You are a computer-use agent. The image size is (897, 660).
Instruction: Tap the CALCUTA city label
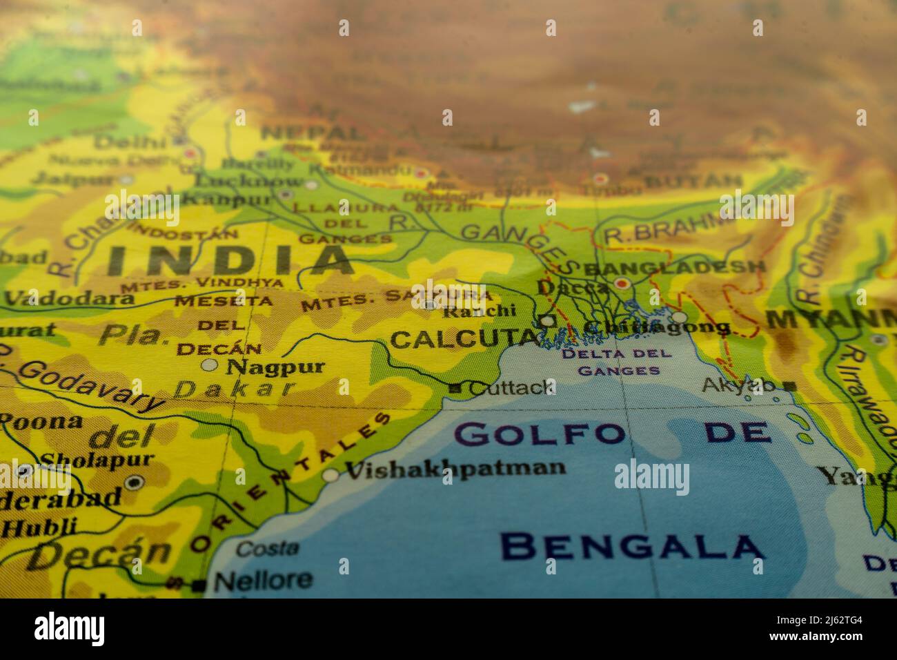point(463,339)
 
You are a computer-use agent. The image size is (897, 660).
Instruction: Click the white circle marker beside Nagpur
point(209,365)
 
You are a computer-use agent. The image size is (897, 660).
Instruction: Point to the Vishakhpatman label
point(455,469)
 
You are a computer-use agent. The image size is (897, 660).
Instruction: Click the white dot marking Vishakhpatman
point(331,475)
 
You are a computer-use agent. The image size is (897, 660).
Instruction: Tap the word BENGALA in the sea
point(632,547)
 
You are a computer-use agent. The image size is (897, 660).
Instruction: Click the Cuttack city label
point(511,387)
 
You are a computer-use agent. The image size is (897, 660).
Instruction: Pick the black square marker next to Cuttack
point(455,389)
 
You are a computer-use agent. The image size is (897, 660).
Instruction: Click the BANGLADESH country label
point(675,267)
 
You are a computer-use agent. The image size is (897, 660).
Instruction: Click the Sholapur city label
point(97,459)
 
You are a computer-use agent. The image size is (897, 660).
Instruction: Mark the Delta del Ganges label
point(618,362)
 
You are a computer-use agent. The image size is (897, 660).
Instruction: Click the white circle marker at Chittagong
point(680,317)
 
